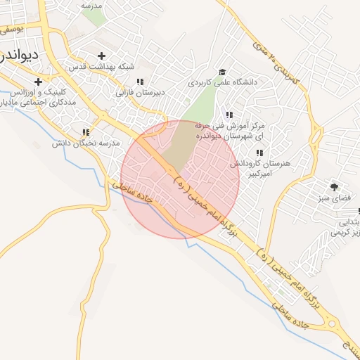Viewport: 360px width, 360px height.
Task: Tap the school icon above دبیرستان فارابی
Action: (139, 82)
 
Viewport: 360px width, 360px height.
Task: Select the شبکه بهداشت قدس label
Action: (100, 66)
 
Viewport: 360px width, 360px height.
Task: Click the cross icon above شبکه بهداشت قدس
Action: (102, 56)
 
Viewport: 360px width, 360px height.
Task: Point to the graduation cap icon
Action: (223, 72)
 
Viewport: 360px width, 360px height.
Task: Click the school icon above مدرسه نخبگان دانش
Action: (86, 132)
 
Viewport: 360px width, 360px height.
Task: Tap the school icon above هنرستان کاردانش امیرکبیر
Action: (259, 153)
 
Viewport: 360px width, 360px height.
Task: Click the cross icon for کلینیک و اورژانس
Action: (38, 82)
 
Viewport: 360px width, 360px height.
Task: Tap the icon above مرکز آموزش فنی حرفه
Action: (229, 115)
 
